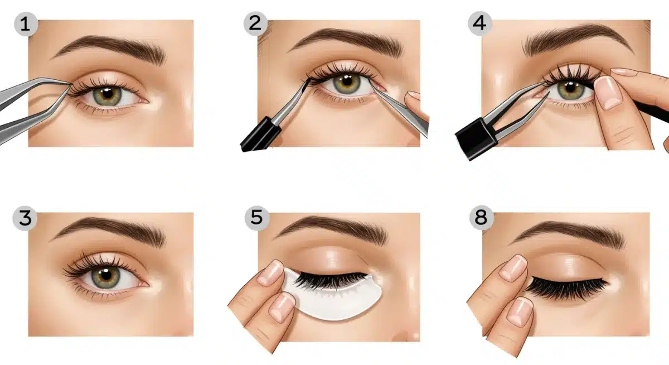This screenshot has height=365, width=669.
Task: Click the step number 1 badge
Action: (x=26, y=24)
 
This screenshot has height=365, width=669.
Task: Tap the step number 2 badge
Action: (x=255, y=23)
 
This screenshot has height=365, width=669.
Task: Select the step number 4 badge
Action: (x=479, y=23)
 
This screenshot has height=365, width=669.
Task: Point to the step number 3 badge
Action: (x=25, y=218)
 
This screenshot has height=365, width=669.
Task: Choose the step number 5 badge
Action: (x=256, y=217)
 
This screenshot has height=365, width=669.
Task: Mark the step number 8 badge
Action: (x=481, y=217)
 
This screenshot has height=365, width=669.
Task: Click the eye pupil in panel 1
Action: (x=108, y=94)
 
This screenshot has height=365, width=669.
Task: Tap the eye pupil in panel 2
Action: (x=347, y=81)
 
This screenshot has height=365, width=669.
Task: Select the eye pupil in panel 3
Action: (x=106, y=275)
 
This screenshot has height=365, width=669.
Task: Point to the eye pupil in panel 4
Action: (x=570, y=88)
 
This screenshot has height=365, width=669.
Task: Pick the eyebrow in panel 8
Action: (x=569, y=234)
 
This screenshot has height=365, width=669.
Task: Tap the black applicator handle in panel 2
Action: (x=260, y=135)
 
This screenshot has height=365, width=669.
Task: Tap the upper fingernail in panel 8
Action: (x=513, y=268)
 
